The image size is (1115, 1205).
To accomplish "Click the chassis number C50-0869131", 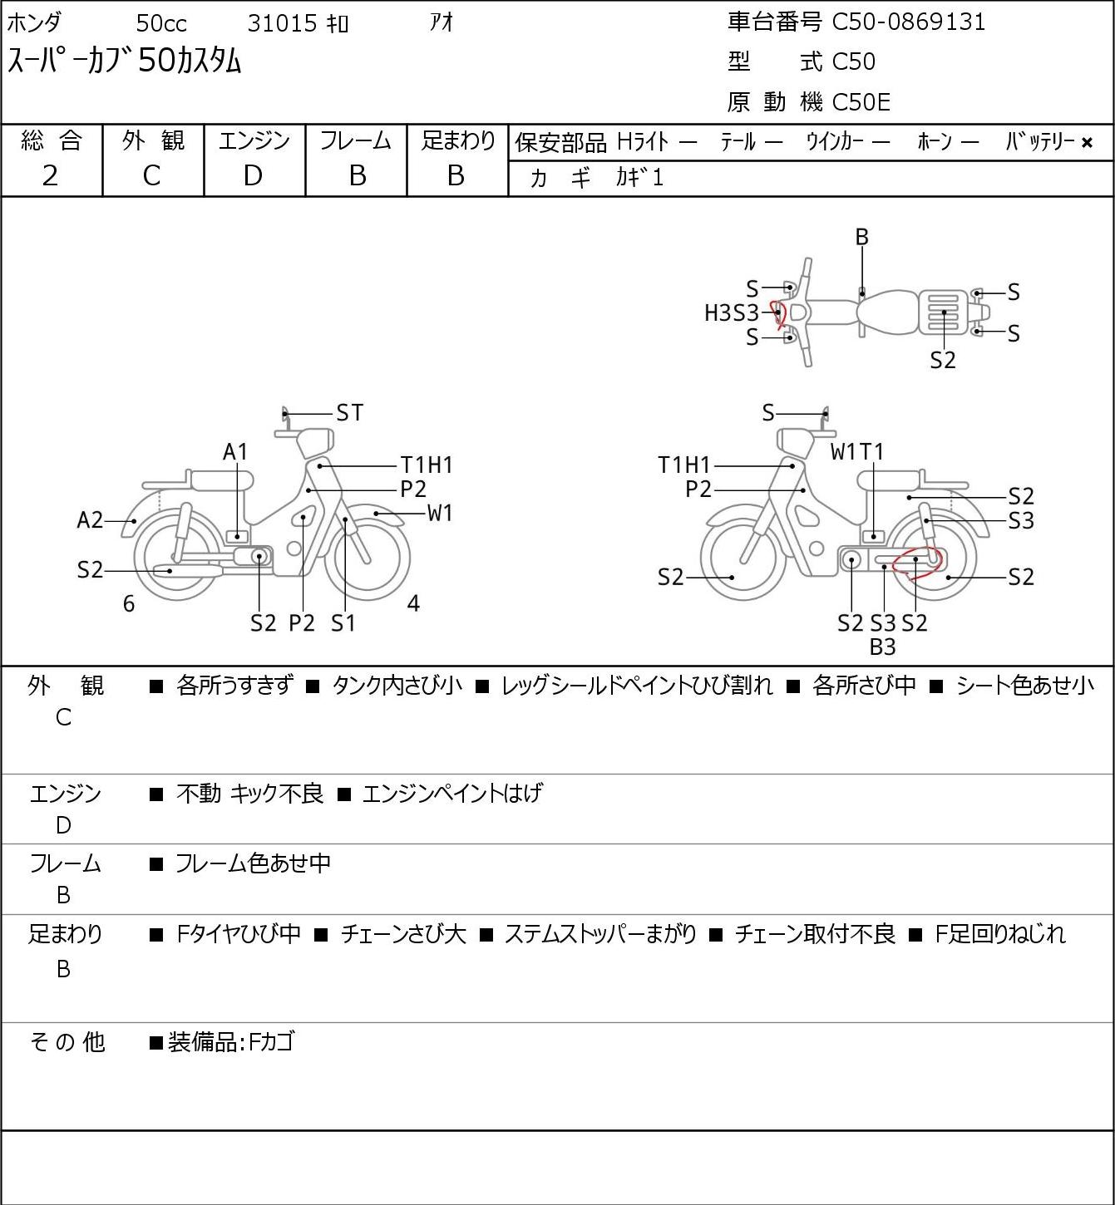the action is tap(908, 22).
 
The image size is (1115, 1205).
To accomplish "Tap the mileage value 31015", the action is tap(283, 23).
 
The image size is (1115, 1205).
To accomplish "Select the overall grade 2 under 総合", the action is tap(51, 176).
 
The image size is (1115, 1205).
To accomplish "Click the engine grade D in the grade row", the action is tap(253, 176).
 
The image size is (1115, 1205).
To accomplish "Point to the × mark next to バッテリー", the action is tap(1087, 143).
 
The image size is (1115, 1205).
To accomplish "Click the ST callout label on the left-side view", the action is tap(350, 413).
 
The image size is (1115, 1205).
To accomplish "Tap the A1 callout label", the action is tap(235, 452).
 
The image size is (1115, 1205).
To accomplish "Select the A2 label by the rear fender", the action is tap(90, 520).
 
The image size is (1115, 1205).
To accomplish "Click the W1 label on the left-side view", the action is tap(440, 514).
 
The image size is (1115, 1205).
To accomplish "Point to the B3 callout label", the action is tap(882, 647).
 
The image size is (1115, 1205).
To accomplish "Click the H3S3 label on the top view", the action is tap(731, 313).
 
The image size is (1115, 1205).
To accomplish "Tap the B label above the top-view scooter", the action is tap(861, 237).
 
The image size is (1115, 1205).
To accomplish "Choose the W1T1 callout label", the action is tap(857, 451).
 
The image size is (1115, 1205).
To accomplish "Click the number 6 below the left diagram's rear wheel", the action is tap(129, 603).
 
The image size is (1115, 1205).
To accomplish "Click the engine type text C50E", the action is tap(861, 102).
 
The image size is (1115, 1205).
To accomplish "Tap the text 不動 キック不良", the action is tap(249, 794).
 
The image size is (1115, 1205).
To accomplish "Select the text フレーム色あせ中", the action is tap(253, 863).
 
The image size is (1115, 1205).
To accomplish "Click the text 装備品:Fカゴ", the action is tap(231, 1042).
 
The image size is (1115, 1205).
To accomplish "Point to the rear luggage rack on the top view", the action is tap(944, 312).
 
